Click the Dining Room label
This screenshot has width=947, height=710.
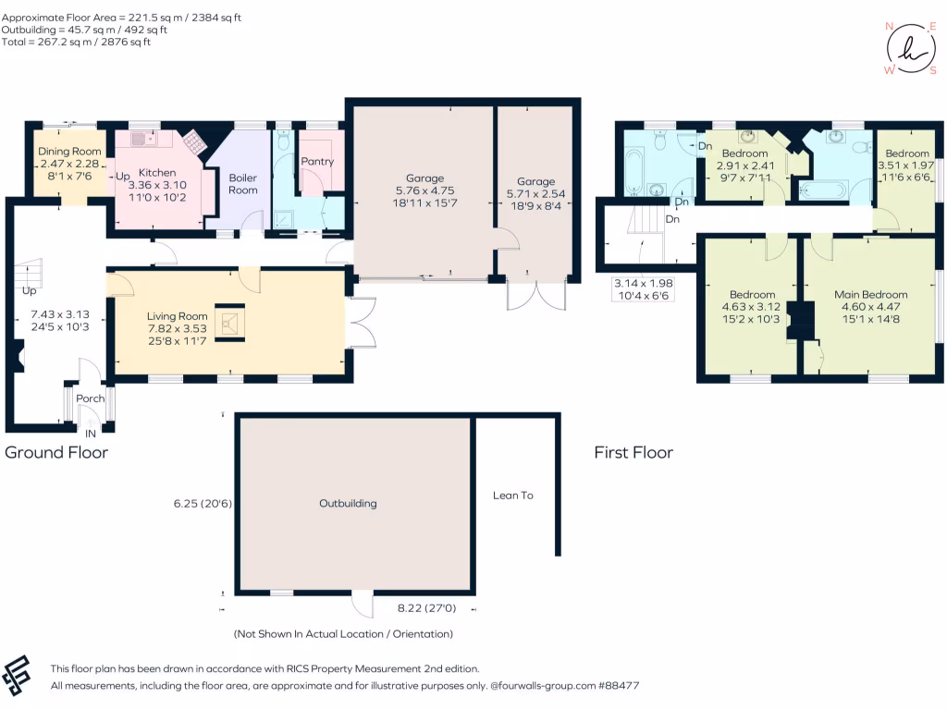point(69,152)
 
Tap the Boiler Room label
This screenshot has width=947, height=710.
point(243,184)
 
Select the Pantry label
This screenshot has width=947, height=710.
point(317,162)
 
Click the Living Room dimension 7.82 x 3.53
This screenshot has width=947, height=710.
point(178,328)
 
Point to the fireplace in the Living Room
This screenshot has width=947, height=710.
point(230,323)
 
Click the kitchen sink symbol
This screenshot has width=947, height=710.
point(144,140)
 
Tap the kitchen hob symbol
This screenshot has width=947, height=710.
point(194,142)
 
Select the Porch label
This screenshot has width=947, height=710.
point(90,398)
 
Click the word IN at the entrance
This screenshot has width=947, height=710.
point(91,434)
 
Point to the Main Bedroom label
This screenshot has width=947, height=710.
point(871,295)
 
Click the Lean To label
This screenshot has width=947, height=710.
point(512,496)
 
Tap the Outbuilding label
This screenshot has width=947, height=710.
point(348,504)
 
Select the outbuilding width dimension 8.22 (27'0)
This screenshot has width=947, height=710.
point(426,608)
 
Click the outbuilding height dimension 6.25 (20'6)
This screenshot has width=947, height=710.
point(203,504)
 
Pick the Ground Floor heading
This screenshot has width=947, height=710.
point(56,453)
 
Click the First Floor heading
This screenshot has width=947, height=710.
point(633,453)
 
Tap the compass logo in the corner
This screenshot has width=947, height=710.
point(911,48)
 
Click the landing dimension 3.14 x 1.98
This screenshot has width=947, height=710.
point(644,283)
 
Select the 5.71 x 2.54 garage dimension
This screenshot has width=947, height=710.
point(535,194)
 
